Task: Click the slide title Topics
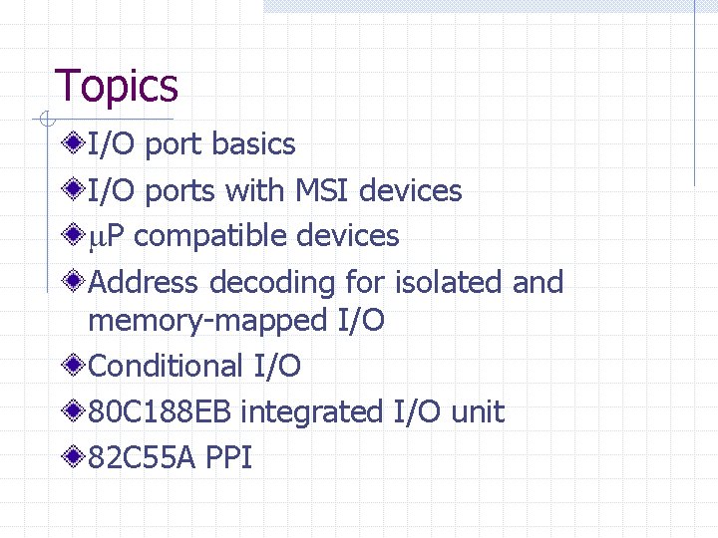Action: click(x=116, y=86)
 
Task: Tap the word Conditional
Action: click(x=165, y=367)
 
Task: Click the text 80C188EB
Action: click(x=160, y=412)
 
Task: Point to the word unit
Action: click(x=479, y=412)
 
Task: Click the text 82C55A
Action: click(x=142, y=458)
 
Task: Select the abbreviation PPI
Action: click(x=229, y=458)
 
